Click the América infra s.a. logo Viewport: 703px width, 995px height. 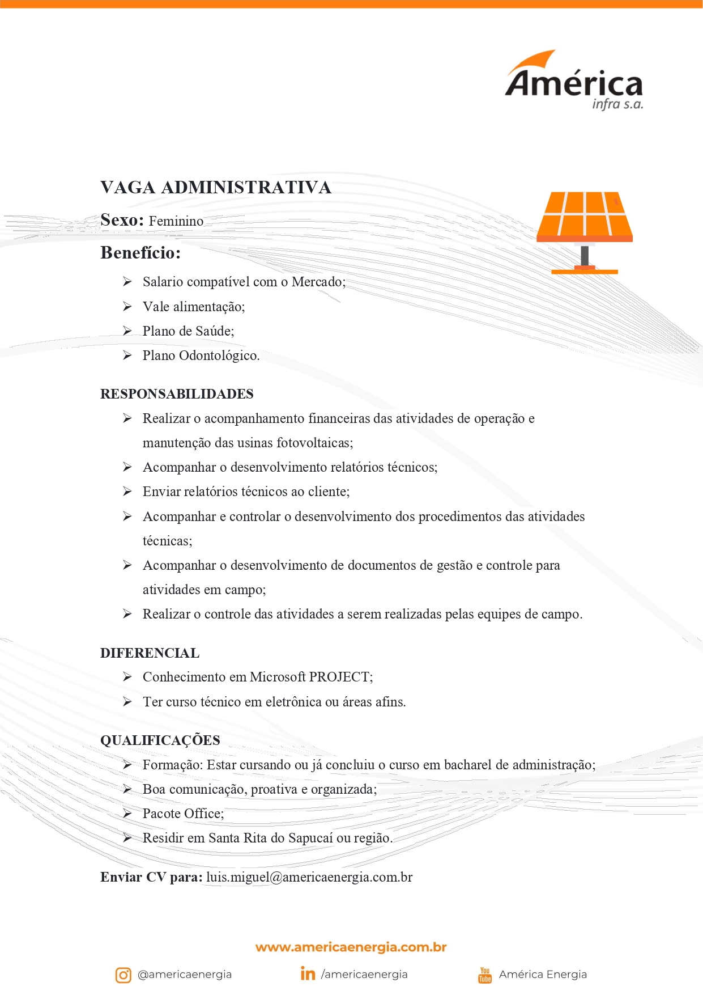coord(573,82)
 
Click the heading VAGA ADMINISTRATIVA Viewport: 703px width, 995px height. coord(215,188)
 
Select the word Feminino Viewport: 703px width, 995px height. coord(176,221)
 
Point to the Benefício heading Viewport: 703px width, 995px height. coord(140,253)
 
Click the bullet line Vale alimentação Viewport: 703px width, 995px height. coord(194,307)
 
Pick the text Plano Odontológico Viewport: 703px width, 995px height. coord(201,355)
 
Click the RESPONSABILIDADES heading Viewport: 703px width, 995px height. coord(177,394)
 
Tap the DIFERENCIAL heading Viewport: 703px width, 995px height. coord(150,653)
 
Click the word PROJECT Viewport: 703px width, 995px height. coord(340,677)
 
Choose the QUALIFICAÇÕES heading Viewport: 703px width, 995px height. coord(160,740)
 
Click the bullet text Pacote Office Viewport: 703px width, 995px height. coord(183,814)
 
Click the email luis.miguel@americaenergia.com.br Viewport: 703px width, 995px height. coord(309,877)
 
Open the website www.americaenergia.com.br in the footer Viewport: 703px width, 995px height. coord(351,947)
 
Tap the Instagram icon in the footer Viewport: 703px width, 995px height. coord(123,975)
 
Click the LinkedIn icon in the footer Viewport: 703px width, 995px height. coord(308,973)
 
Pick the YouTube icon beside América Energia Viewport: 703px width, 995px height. coord(485,975)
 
